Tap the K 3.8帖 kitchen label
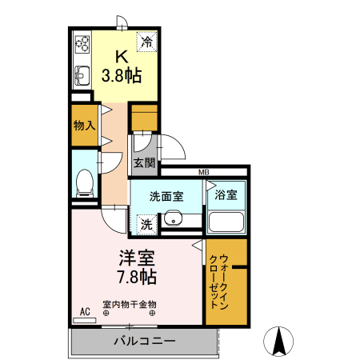click(x=122, y=67)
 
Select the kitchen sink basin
click(x=81, y=76)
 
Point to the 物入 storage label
click(x=83, y=126)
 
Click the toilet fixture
click(x=83, y=183)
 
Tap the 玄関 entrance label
click(x=144, y=162)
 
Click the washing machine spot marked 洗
click(x=146, y=225)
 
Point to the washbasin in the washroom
click(x=174, y=218)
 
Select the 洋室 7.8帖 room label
click(x=137, y=268)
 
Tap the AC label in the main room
click(x=83, y=311)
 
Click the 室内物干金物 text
click(x=130, y=304)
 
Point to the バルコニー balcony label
click(x=143, y=341)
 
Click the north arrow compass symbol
click(x=280, y=342)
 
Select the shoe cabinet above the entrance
click(x=144, y=118)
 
